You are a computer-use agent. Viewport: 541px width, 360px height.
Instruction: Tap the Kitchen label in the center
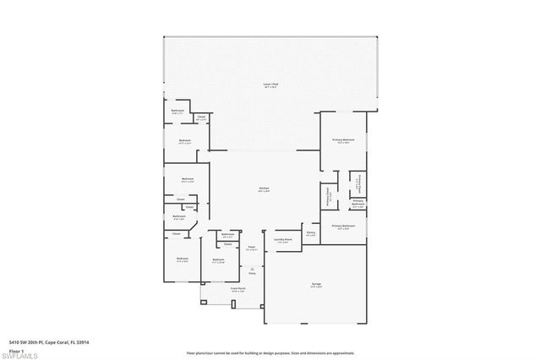point(264,188)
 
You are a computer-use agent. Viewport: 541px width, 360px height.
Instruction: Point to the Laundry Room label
point(282,240)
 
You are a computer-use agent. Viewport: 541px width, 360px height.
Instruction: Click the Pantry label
point(310,234)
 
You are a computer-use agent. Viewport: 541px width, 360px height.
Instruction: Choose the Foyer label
point(252,248)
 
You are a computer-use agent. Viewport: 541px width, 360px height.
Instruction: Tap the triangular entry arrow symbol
point(251,268)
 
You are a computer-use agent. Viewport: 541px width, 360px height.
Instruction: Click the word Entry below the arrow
point(251,275)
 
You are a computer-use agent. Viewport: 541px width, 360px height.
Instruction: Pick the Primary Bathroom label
point(358,203)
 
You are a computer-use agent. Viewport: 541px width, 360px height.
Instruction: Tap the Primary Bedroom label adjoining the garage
point(343,226)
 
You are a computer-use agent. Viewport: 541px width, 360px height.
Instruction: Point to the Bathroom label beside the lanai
point(178,112)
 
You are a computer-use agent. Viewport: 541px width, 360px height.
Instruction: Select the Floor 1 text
point(16,349)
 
